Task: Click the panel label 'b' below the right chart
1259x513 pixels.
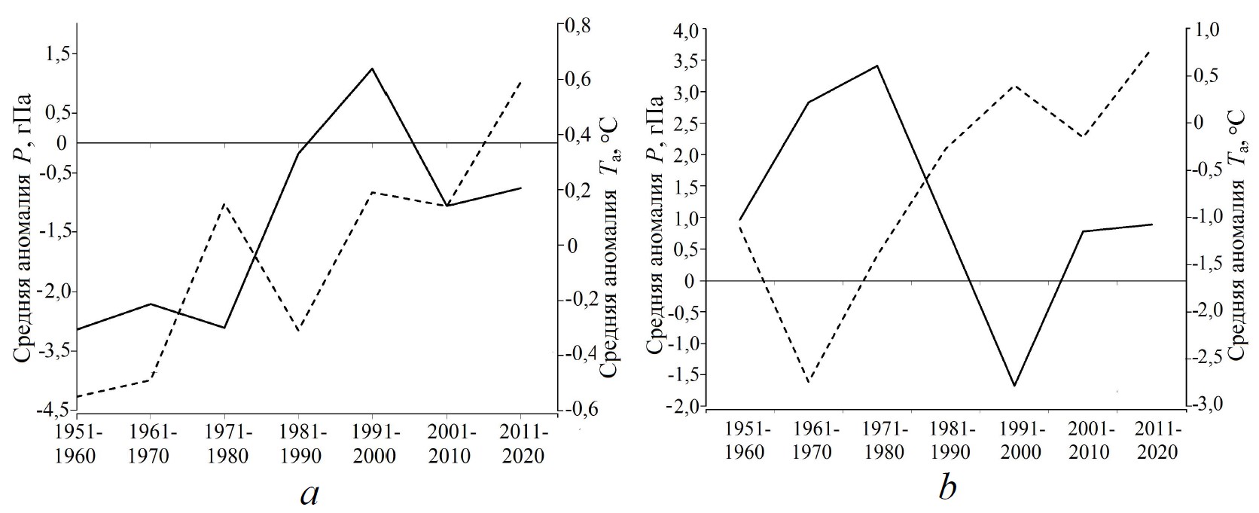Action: click(x=947, y=489)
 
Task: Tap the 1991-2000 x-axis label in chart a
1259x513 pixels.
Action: click(x=373, y=444)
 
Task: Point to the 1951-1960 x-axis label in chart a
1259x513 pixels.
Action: click(x=75, y=444)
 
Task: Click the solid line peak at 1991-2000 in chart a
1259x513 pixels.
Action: click(x=372, y=69)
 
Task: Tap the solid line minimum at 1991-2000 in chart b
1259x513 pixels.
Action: click(x=1015, y=386)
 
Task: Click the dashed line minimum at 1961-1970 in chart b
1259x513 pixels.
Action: click(x=808, y=383)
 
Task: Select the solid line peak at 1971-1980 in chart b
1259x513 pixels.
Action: click(x=877, y=66)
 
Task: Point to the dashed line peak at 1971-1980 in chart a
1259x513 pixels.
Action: click(x=224, y=204)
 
